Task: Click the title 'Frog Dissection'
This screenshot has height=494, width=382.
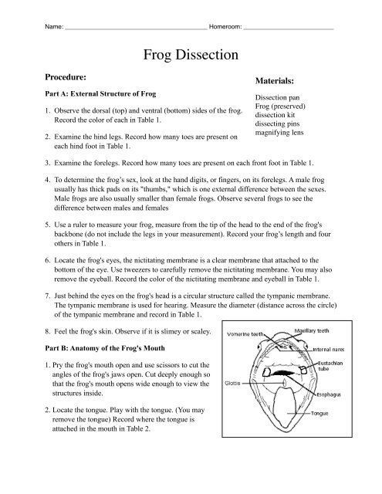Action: pos(191,55)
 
